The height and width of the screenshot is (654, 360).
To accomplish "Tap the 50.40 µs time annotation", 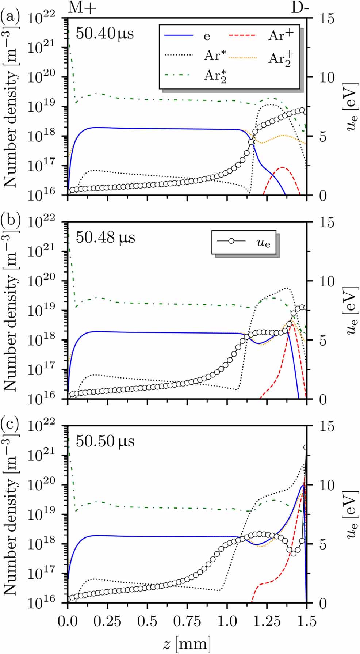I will click(105, 34).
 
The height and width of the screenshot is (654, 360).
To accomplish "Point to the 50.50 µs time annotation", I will click(105, 441).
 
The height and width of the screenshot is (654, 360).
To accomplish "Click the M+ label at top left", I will click(82, 7).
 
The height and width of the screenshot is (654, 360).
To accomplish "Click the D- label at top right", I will click(300, 7).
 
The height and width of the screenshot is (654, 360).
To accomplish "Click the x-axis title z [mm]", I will click(187, 643).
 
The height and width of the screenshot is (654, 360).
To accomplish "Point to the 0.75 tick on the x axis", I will click(187, 621).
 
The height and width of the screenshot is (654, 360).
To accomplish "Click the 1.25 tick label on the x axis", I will click(267, 621).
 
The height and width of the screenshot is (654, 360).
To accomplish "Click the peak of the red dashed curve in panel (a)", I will click(282, 167).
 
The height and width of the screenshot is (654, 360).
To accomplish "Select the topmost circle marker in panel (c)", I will click(306, 448).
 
